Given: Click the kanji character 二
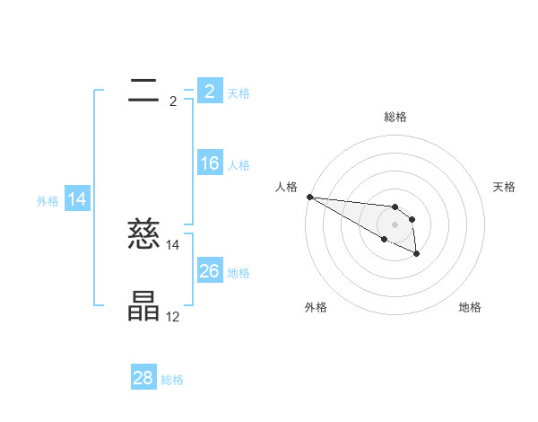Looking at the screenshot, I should click(143, 89).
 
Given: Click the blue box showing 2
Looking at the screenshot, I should click(209, 91).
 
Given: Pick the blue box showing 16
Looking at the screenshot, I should click(209, 163).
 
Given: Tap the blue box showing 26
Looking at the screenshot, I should click(209, 270).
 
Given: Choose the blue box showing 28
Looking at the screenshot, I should click(143, 378).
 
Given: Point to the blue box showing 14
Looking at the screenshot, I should click(77, 199).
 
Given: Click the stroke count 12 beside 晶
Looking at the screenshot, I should click(172, 317).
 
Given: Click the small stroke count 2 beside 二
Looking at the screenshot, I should click(172, 101).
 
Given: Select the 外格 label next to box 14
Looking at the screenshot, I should click(48, 201).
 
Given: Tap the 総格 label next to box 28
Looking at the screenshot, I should click(172, 380).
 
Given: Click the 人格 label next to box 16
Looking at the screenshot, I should click(239, 165).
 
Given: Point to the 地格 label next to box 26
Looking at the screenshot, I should click(239, 272).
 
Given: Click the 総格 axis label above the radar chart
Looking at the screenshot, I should click(395, 117).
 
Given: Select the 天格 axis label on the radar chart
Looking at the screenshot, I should click(505, 187).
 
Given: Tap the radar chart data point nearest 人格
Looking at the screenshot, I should click(309, 197).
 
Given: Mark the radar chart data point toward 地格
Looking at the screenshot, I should click(417, 254).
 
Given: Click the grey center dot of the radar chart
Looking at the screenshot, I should click(395, 224).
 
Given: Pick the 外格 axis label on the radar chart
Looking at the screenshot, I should click(316, 307).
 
